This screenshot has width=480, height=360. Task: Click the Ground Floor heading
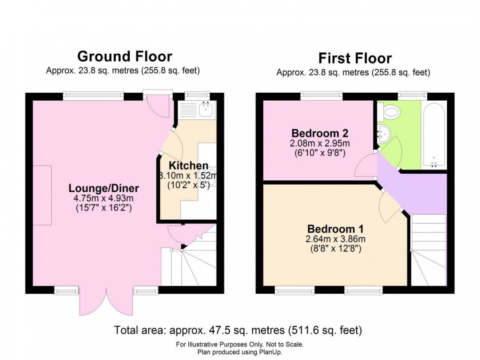coord(125,56)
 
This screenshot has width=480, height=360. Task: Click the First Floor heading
coord(355,58)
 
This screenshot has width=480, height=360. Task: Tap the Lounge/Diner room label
coord(104,188)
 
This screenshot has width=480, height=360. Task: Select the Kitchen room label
coord(188,166)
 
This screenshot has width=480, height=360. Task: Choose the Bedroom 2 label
coord(320,132)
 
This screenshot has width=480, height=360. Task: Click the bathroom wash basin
coord(384,133)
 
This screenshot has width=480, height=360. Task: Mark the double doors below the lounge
coord(107,301)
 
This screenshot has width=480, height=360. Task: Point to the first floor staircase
coord(428,249)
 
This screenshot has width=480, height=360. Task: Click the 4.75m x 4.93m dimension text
coord(104,198)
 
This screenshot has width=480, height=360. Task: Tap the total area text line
coord(238,330)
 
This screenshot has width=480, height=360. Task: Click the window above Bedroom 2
coord(322,96)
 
